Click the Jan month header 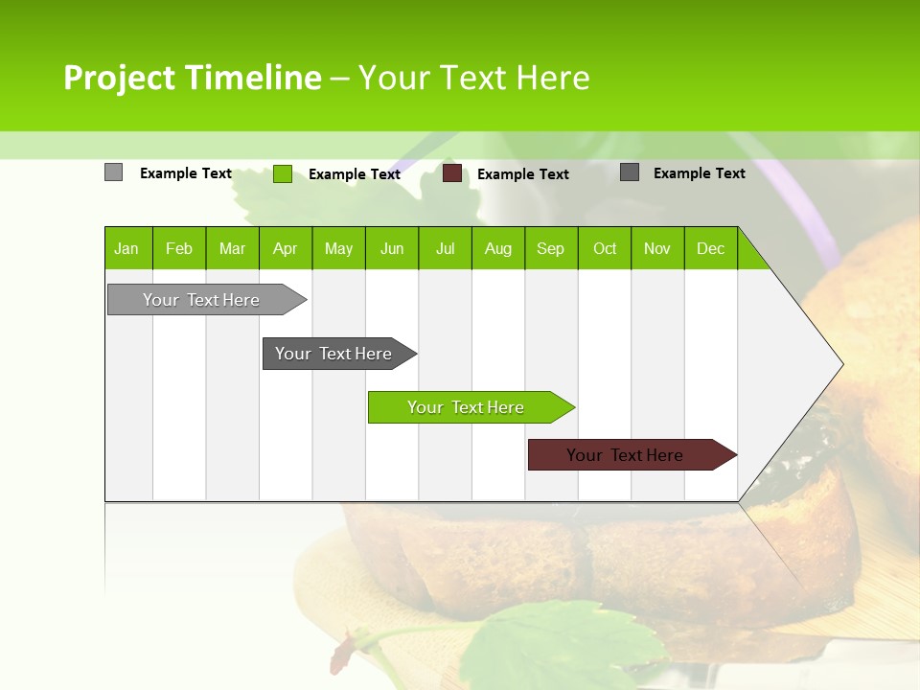[127, 248]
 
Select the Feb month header [179, 248]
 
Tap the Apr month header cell [286, 248]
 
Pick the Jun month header [392, 248]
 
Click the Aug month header [498, 248]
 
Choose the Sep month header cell [551, 248]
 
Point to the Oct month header [605, 248]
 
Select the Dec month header [711, 248]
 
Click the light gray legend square [113, 172]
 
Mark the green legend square [283, 173]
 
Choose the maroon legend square [452, 173]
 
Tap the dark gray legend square [630, 172]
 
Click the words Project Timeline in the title [192, 78]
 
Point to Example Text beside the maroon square [523, 174]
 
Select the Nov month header [657, 248]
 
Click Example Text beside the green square [355, 174]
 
